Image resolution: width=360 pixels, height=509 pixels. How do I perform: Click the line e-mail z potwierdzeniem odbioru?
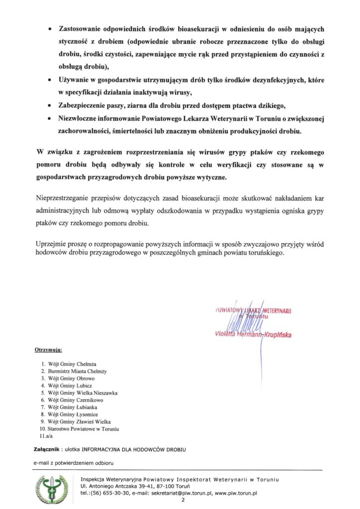point(74,463)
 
